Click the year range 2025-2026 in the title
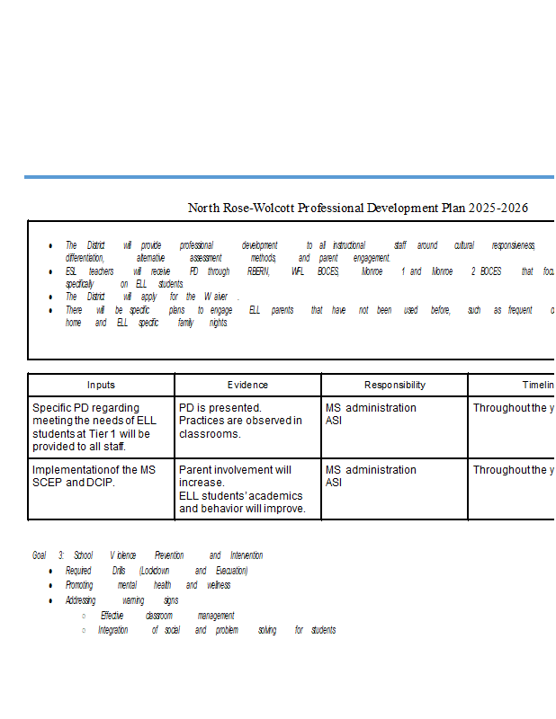pos(498,209)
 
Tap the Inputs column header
pos(101,385)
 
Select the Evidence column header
pos(247,385)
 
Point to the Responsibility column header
pos(394,385)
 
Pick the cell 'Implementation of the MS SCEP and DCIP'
pos(94,476)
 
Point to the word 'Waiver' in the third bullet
pos(215,297)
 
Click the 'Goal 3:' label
pos(48,555)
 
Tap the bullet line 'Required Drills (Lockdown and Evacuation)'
pos(156,571)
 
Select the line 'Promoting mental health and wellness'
pos(148,585)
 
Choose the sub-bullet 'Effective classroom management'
pos(166,616)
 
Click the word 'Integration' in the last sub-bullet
pos(113,630)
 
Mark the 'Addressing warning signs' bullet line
pos(121,600)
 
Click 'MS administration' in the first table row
pos(371,408)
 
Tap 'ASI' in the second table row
pos(334,483)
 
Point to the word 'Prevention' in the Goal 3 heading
pos(169,555)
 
